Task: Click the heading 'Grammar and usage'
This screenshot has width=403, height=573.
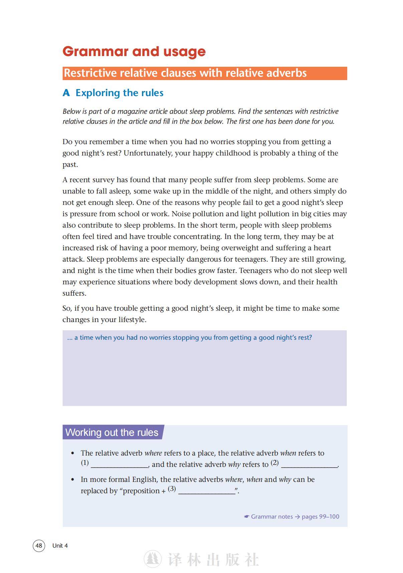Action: [134, 51]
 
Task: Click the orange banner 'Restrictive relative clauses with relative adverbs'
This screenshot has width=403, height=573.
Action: [185, 73]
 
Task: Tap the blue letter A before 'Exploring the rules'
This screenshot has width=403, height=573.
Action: [66, 93]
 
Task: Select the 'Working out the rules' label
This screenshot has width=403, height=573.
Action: [112, 432]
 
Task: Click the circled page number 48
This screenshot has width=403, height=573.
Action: [39, 545]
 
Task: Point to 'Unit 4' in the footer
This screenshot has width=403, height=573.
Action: [60, 546]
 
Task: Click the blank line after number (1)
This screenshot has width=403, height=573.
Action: [119, 465]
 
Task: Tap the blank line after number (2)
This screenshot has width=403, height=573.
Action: [309, 465]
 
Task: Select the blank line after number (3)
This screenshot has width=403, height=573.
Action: [207, 492]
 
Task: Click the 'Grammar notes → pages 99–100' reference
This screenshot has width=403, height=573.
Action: [292, 517]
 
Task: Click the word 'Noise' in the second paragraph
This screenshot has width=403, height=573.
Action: [181, 214]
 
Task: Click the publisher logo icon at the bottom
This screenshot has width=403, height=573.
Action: [153, 559]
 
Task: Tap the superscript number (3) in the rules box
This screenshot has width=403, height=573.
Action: [172, 489]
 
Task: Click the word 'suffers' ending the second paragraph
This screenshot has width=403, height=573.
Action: [74, 293]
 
